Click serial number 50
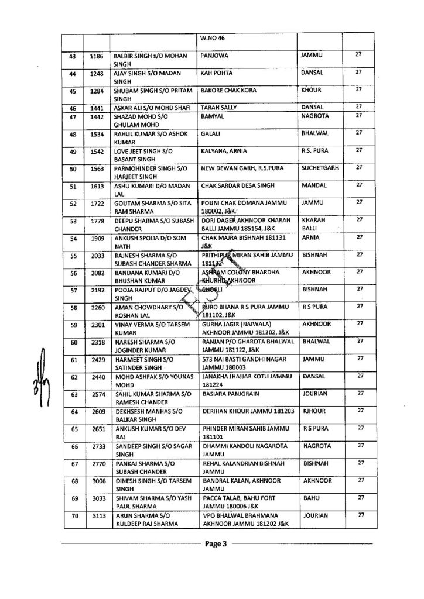click(x=73, y=169)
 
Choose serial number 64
click(x=73, y=412)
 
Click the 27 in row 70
click(x=361, y=514)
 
